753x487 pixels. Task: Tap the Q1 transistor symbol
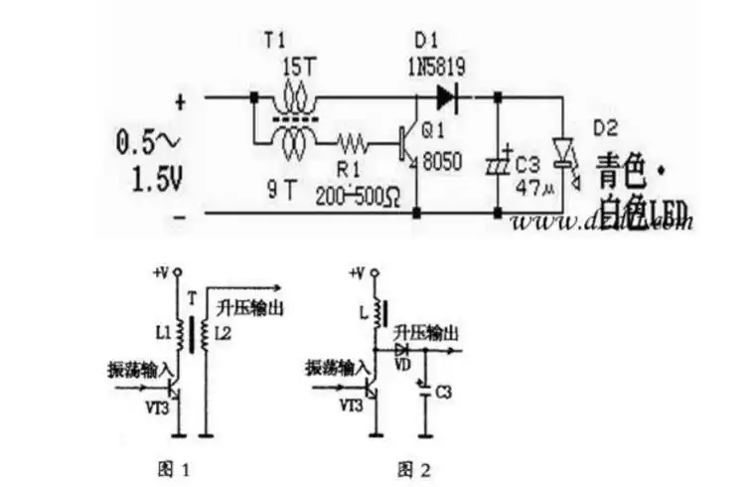click(x=407, y=142)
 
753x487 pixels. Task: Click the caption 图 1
click(x=174, y=467)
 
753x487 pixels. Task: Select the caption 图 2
click(x=414, y=467)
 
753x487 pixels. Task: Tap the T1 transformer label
click(x=273, y=41)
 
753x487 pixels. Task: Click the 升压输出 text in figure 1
click(x=255, y=308)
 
